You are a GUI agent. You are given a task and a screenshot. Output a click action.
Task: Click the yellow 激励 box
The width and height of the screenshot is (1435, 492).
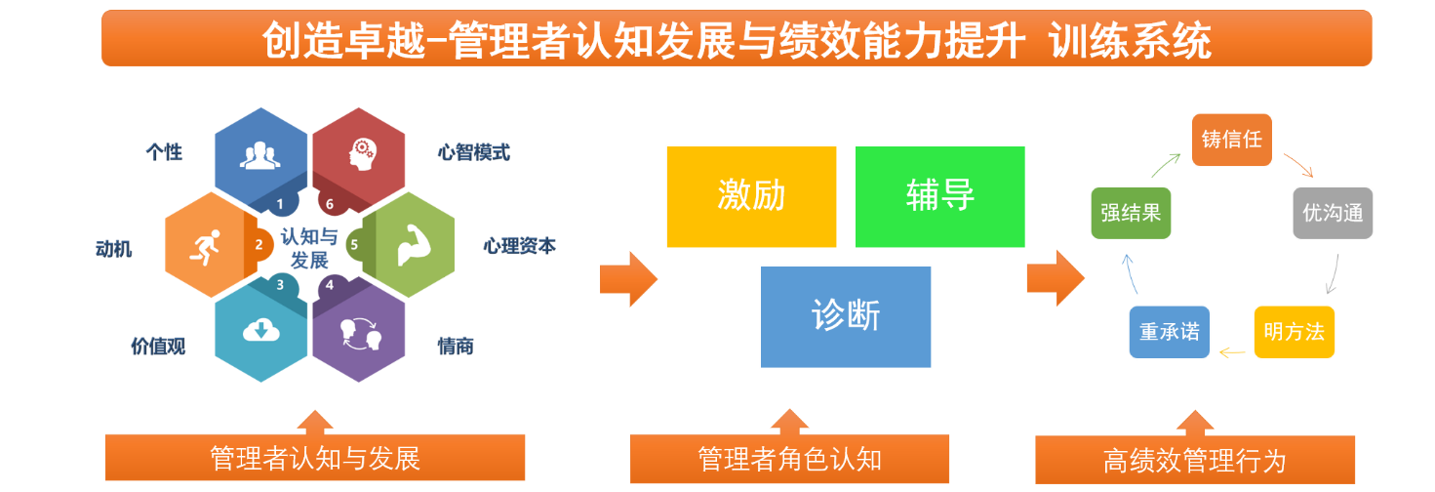tap(751, 196)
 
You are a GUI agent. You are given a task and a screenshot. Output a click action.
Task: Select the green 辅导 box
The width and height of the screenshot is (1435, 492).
tap(939, 196)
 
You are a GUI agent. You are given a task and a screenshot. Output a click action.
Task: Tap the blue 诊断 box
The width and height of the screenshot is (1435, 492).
tap(846, 316)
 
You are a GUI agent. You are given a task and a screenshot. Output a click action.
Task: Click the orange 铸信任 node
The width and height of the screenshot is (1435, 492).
tap(1232, 139)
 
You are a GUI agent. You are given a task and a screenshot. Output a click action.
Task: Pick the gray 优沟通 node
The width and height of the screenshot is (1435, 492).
tap(1333, 213)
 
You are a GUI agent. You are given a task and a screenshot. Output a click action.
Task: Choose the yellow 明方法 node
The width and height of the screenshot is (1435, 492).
tap(1294, 333)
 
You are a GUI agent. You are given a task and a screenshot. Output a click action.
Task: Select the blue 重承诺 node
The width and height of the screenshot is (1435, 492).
tap(1169, 333)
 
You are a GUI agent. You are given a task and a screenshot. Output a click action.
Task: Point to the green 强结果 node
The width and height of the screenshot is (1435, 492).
tap(1131, 213)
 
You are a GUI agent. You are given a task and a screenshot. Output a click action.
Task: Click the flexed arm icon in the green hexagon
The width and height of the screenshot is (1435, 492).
tap(409, 245)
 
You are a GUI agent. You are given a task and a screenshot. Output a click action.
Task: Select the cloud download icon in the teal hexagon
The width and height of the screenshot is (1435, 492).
tap(259, 332)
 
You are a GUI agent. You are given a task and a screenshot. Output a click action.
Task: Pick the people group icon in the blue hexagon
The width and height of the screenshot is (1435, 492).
tap(259, 154)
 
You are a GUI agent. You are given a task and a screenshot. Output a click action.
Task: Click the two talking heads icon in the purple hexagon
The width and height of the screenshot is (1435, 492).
tap(360, 334)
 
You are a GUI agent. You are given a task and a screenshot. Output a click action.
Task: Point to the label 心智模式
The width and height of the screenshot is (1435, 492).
tap(473, 152)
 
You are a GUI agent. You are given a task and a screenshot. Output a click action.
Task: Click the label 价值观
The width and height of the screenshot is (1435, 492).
tap(158, 346)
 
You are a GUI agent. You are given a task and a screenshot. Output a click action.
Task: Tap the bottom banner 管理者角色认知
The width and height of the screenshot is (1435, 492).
tap(789, 459)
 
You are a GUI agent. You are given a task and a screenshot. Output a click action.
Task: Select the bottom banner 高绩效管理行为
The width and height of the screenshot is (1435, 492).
tap(1195, 460)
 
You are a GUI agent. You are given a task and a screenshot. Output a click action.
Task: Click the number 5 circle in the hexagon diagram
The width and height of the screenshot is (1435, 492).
tap(354, 244)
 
